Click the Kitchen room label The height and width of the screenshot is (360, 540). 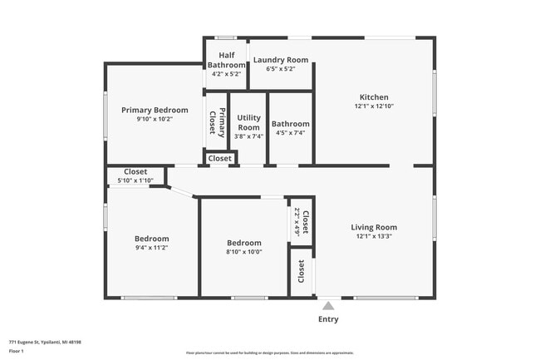(x=374, y=97)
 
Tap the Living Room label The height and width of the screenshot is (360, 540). (x=374, y=227)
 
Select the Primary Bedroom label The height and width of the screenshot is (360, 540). (x=155, y=110)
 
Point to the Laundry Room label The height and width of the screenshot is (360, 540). (x=281, y=60)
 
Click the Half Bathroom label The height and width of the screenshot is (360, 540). (x=226, y=60)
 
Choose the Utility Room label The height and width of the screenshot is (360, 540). (x=249, y=122)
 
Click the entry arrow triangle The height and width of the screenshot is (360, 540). (x=329, y=304)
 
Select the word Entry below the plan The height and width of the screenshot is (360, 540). (x=329, y=319)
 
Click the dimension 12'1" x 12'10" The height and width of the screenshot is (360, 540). (x=374, y=106)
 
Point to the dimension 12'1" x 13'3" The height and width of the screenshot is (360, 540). (x=374, y=236)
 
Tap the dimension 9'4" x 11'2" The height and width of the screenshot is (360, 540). (x=152, y=247)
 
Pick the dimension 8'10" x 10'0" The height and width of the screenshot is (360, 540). (x=244, y=252)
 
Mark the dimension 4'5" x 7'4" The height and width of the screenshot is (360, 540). (x=291, y=133)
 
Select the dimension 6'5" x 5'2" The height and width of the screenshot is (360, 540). (x=281, y=69)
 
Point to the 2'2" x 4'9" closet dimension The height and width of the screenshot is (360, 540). (x=297, y=223)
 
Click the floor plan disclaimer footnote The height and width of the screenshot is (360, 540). (x=269, y=353)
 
